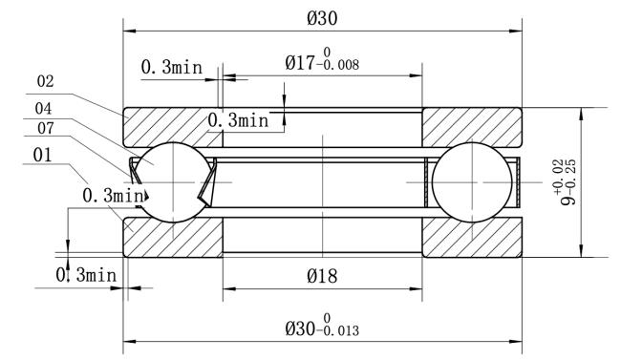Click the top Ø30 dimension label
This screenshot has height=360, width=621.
(x=322, y=18)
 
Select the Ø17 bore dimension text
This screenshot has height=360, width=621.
(x=322, y=61)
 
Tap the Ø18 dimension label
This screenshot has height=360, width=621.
(x=322, y=276)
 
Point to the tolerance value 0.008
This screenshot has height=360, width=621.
(x=341, y=65)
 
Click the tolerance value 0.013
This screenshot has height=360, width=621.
(x=341, y=330)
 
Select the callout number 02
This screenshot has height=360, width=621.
(x=45, y=81)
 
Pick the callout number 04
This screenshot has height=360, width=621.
(x=43, y=109)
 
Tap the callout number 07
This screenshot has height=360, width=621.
(x=46, y=128)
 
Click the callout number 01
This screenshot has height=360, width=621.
(x=42, y=156)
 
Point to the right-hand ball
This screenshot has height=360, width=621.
(x=471, y=182)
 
